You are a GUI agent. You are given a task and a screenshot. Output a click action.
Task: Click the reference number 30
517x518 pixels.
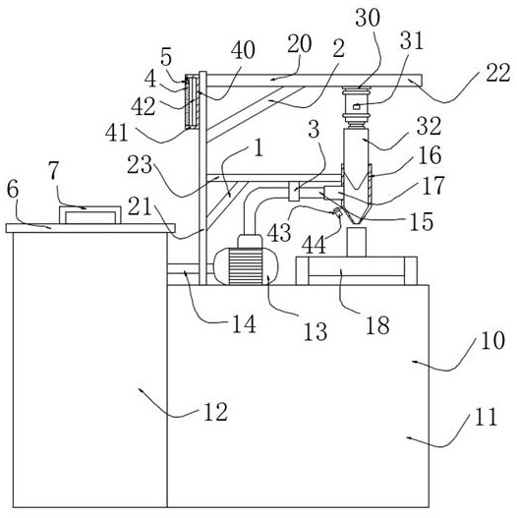[368, 17]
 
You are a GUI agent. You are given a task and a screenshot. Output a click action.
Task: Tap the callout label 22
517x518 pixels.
[498, 73]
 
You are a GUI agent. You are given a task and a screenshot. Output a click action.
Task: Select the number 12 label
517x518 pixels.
[215, 412]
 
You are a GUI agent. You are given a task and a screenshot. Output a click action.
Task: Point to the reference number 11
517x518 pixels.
[486, 417]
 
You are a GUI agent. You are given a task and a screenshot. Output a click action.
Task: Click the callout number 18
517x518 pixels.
[377, 325]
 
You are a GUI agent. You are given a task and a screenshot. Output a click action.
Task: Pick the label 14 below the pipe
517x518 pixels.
[244, 324]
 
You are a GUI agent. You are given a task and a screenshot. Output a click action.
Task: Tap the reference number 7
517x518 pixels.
[53, 171]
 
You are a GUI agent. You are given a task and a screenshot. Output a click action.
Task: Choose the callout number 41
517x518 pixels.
[117, 133]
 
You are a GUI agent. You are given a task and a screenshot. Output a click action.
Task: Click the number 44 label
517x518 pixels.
[314, 245]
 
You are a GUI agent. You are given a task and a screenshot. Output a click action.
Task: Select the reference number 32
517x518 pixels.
[429, 126]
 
